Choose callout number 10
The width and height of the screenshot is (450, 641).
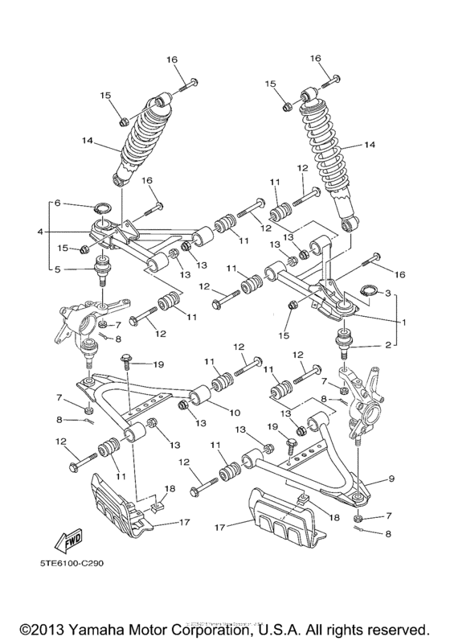coord(235,413)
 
